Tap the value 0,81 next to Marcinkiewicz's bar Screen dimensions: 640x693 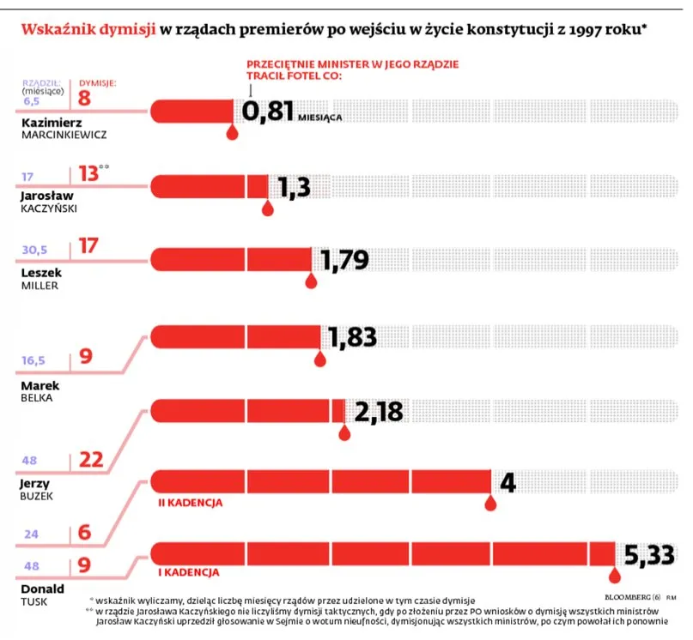(269, 111)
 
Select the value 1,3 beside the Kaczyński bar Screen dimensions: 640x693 (293, 188)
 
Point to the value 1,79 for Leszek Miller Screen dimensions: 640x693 (349, 260)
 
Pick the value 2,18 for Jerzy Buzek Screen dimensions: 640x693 (379, 412)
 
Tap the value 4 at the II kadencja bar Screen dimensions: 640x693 (508, 483)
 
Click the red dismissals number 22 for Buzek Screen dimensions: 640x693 (91, 460)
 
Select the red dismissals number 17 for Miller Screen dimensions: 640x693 (88, 246)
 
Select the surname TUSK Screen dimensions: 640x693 (33, 602)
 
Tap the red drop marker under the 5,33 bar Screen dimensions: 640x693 (615, 577)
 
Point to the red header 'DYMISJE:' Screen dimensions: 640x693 (97, 82)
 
